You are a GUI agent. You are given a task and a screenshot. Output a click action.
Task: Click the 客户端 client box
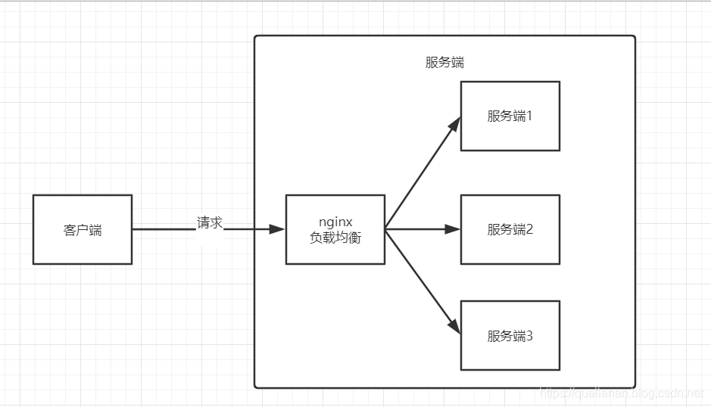click(82, 229)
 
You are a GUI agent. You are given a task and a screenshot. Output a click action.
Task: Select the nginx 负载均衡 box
click(335, 229)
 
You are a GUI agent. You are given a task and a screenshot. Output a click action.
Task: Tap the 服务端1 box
click(510, 117)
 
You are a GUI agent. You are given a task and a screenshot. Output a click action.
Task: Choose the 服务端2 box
click(510, 229)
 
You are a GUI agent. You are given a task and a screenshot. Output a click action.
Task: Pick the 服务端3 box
click(510, 336)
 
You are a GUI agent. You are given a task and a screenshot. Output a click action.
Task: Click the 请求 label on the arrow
click(210, 223)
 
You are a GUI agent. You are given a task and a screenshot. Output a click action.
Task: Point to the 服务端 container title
click(444, 63)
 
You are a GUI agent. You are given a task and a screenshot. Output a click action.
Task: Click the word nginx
click(335, 222)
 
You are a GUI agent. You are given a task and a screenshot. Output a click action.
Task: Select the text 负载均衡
click(335, 238)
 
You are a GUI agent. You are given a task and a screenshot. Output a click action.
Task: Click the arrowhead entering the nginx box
click(279, 229)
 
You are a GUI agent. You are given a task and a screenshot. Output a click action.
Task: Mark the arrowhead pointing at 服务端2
click(454, 229)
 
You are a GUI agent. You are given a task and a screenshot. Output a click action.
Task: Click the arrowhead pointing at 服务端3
click(455, 326)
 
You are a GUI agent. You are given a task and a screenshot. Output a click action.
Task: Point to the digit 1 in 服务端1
click(530, 117)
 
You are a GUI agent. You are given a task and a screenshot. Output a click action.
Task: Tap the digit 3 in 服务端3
click(530, 336)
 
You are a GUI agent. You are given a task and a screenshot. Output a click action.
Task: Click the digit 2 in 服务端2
click(530, 229)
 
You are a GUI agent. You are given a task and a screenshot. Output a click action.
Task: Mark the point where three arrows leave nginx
click(385, 229)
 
